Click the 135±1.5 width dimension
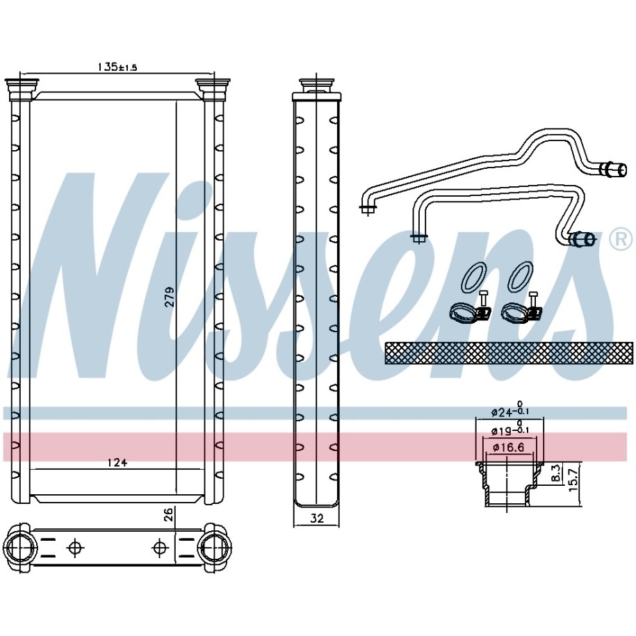[x=117, y=67]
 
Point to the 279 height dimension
[x=170, y=297]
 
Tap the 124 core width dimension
[x=117, y=462]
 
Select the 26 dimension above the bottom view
[x=169, y=514]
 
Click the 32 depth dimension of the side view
[x=317, y=518]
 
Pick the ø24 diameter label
[x=510, y=412]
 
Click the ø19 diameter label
[x=510, y=430]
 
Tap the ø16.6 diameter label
[x=508, y=448]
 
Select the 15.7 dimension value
[x=573, y=479]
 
